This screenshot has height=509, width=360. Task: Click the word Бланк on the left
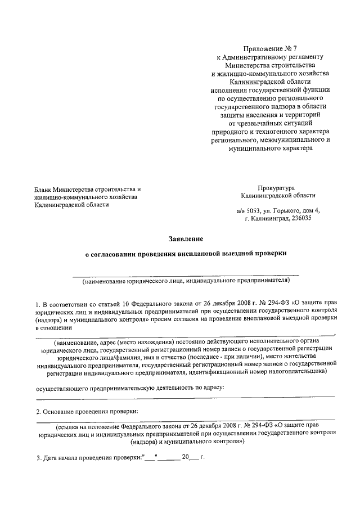(44, 188)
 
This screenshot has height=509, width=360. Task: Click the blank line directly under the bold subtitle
(185, 274)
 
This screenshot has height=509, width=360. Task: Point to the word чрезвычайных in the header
(255, 124)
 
